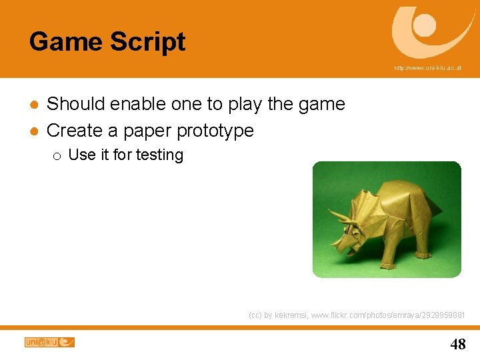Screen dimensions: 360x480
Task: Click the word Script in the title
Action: tap(148, 42)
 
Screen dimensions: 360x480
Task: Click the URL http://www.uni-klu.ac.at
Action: tap(427, 68)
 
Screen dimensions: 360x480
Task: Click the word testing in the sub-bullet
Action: tap(159, 155)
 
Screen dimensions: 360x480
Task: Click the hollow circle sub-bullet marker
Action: tap(57, 156)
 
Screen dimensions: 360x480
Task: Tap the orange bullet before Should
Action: tap(33, 105)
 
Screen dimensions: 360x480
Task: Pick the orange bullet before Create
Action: tap(33, 131)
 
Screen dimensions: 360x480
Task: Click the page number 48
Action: tap(458, 344)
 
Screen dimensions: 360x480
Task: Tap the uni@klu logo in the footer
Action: tap(49, 342)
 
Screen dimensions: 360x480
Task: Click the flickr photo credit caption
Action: tap(357, 315)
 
